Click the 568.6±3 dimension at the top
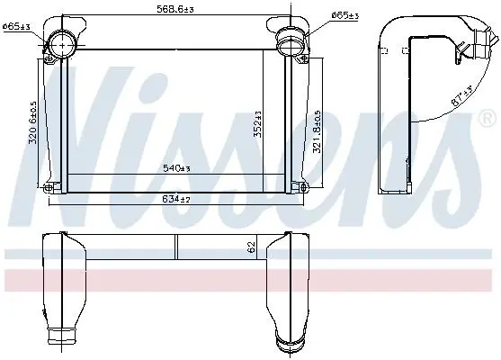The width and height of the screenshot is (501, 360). click(175, 9)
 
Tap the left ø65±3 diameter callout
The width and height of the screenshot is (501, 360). click(16, 26)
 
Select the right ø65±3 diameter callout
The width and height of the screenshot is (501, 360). click(344, 15)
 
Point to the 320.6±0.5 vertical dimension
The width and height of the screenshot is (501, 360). click(33, 122)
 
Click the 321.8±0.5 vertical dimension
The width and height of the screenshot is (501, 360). click(317, 131)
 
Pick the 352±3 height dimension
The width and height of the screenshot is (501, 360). click(257, 124)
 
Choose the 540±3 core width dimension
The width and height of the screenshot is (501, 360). click(176, 168)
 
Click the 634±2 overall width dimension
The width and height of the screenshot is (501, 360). click(176, 199)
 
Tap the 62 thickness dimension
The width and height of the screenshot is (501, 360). click(252, 247)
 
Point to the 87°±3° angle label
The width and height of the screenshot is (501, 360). click(462, 96)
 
